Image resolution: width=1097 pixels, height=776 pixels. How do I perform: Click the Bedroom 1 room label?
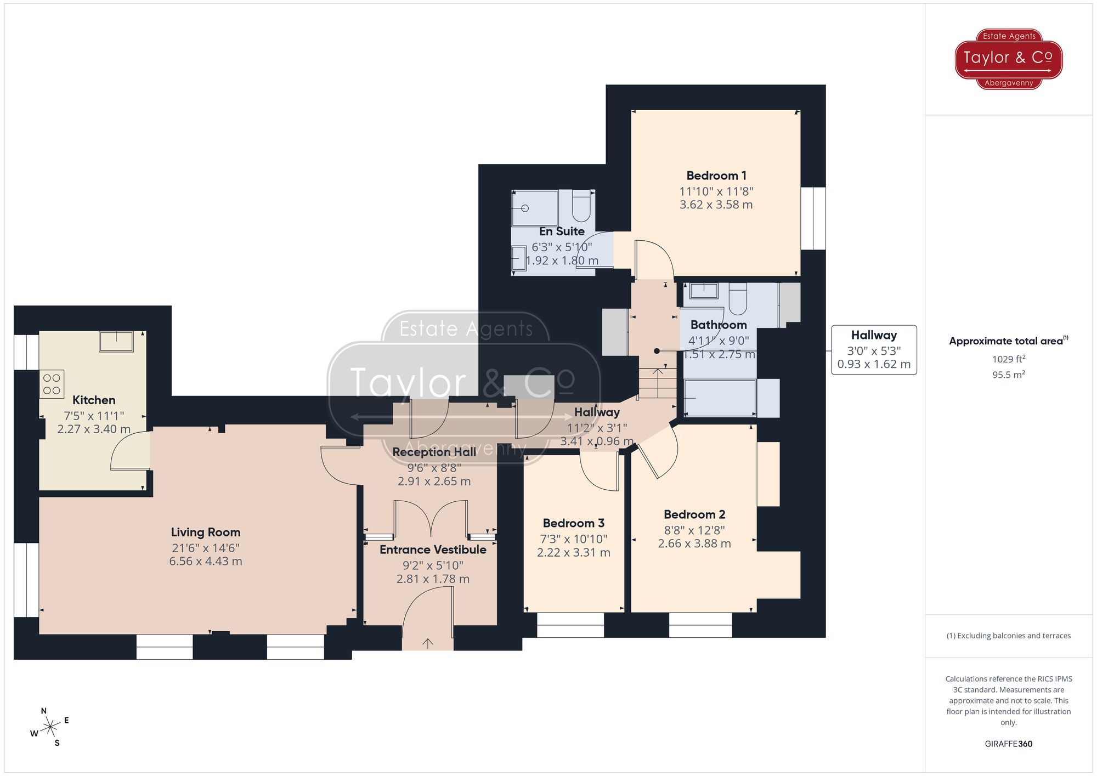click(x=716, y=175)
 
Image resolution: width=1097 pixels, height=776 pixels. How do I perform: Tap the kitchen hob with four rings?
click(x=52, y=384)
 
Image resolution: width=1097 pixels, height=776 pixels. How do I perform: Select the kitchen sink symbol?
click(x=116, y=341)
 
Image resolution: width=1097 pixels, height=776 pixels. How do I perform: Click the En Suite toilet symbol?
click(x=581, y=206)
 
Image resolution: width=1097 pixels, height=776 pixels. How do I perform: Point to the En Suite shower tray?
click(x=534, y=208)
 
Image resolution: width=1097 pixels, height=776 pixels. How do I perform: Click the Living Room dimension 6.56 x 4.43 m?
click(x=206, y=561)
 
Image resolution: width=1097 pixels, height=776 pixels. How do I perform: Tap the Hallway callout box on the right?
click(x=874, y=349)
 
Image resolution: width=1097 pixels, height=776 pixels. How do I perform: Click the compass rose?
click(x=50, y=728)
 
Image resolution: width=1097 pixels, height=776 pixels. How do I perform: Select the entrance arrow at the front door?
click(x=427, y=643)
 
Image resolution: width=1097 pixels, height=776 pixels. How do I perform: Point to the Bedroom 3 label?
click(x=573, y=523)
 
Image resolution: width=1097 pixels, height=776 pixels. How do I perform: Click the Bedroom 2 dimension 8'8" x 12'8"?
click(x=694, y=530)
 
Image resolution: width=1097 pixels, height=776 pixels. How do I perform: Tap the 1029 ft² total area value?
click(x=1008, y=359)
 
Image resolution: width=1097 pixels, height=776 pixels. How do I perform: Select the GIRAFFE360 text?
click(x=1008, y=744)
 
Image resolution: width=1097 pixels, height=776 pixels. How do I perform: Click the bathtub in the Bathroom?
click(x=720, y=398)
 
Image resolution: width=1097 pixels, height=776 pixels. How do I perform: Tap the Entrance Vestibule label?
click(x=433, y=550)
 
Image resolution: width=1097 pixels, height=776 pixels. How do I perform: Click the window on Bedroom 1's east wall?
click(x=813, y=218)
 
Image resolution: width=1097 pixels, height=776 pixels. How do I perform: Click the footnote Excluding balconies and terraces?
click(x=1008, y=636)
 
